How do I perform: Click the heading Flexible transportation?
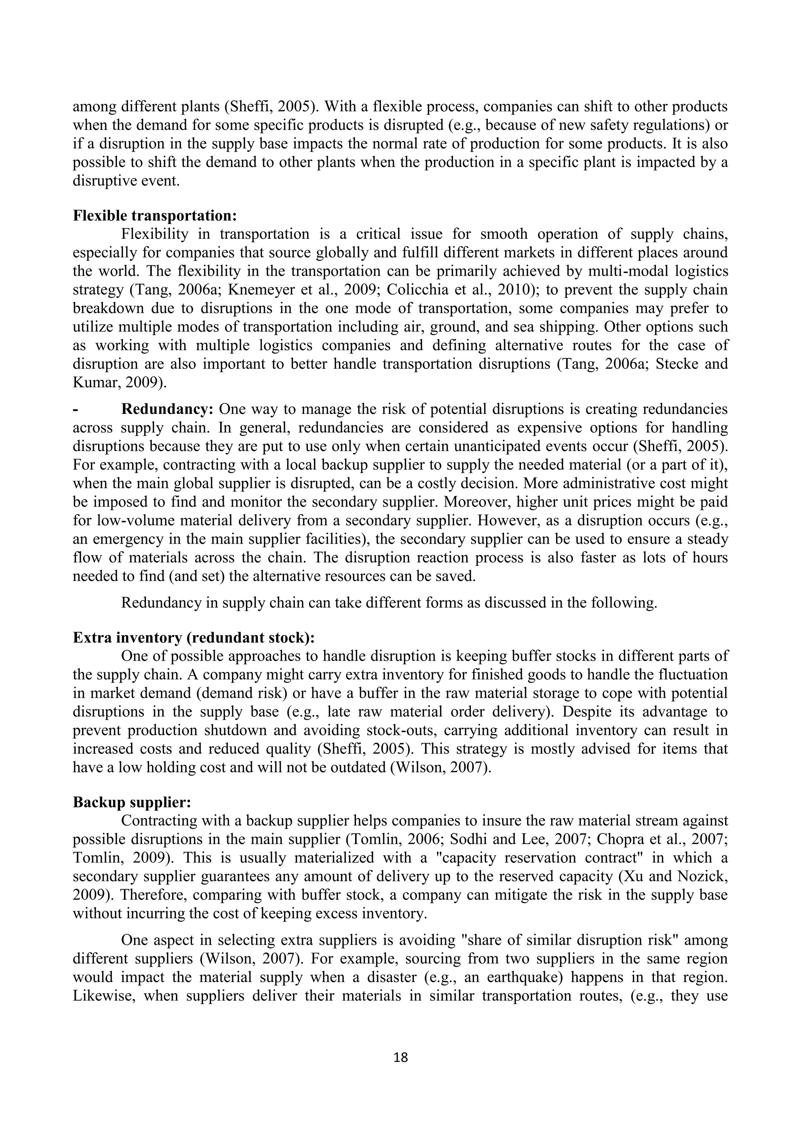click(x=155, y=215)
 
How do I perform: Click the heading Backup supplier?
click(x=132, y=802)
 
